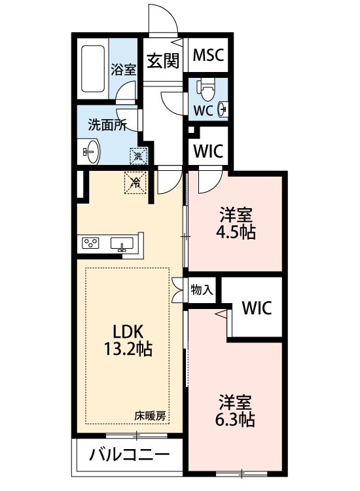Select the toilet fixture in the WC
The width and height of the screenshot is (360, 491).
coord(207,88)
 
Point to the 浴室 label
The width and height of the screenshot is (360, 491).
coord(123,69)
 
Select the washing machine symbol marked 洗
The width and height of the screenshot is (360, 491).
coord(138,156)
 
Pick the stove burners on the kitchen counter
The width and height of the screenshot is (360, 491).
coord(90,244)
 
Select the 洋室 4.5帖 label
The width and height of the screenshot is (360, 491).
coord(237,223)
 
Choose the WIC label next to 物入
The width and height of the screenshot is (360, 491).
coord(256,307)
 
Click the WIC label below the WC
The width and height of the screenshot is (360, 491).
coord(208,151)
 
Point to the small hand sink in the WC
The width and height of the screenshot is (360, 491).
coord(222,109)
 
